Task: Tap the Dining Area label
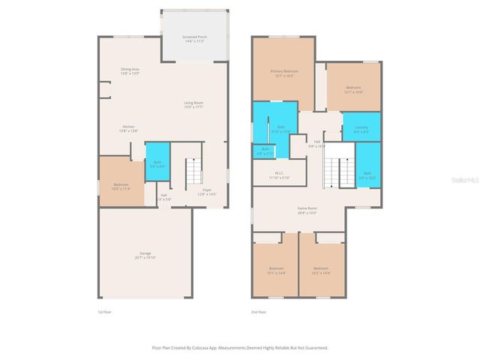130,71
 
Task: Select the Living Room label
194,105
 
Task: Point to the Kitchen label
128,129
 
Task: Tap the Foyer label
206,193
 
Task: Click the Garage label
145,256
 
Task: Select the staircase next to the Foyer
193,172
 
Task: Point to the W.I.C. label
278,175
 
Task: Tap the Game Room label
307,211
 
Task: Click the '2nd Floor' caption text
259,312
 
